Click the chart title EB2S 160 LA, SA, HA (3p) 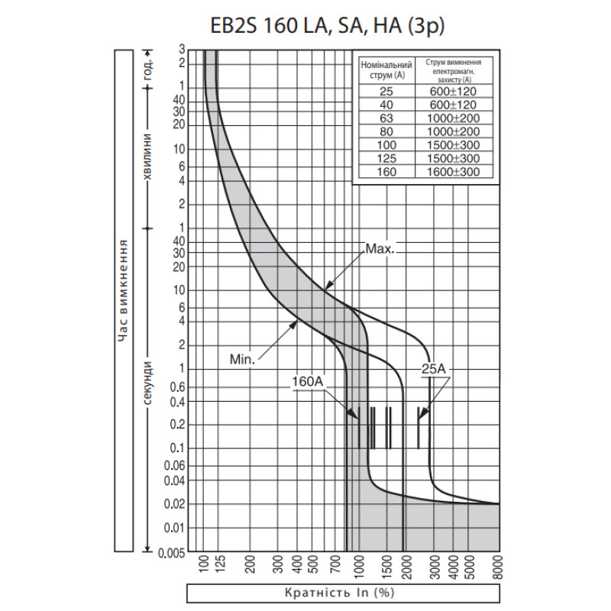328,26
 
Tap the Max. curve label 380,249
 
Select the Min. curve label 242,359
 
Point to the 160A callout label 308,381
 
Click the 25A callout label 433,369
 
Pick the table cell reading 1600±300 453,172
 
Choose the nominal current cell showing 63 386,118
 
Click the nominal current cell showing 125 386,158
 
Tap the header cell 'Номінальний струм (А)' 386,70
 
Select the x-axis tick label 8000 498,567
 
